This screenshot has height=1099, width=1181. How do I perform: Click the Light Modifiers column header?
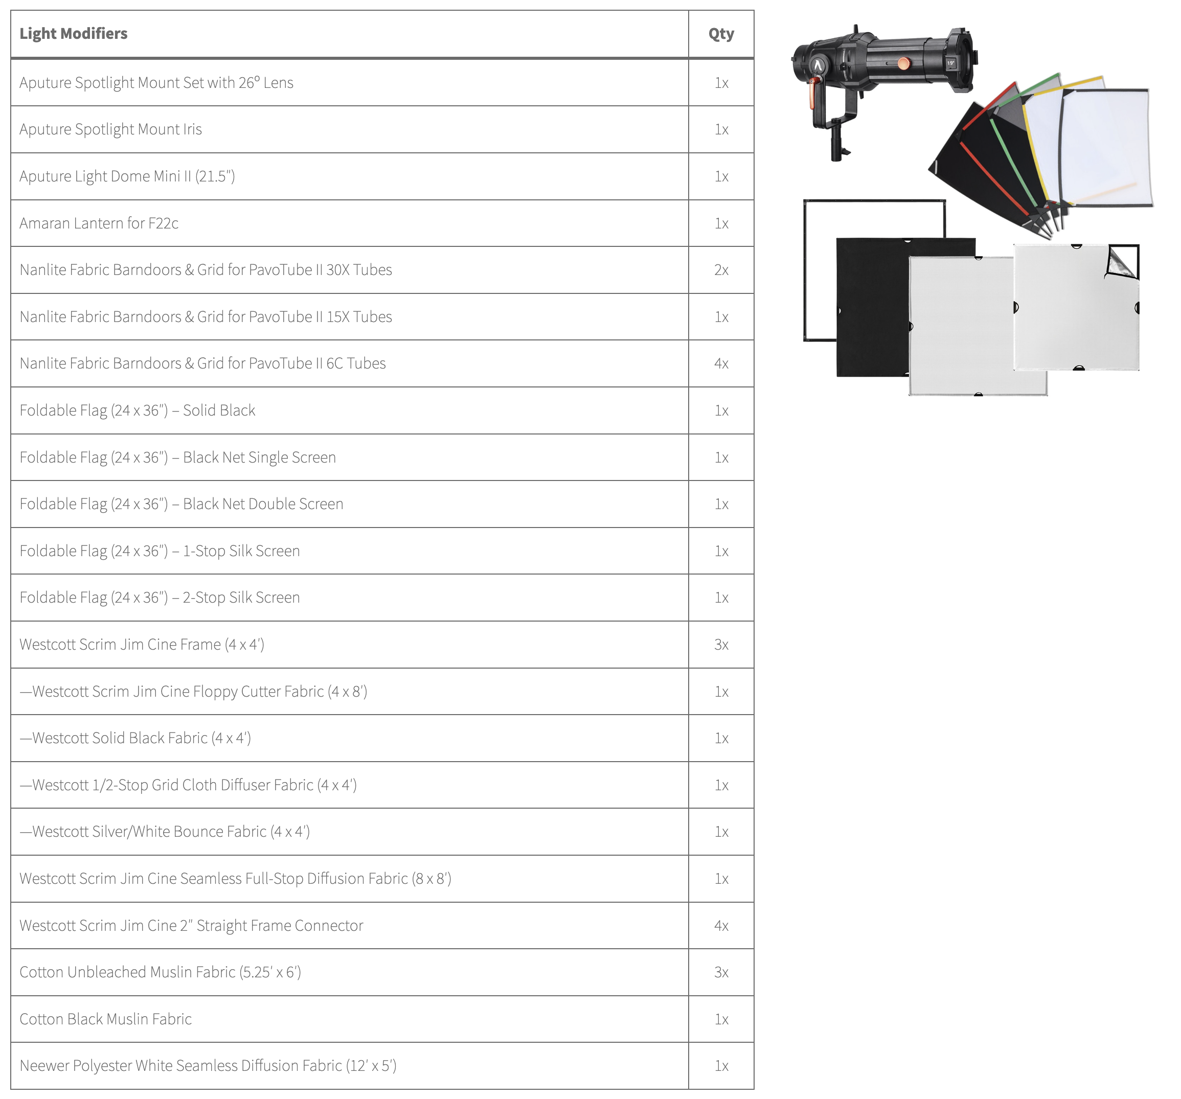73,34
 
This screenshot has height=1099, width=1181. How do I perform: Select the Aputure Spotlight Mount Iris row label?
110,129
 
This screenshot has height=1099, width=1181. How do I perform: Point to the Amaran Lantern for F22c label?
99,223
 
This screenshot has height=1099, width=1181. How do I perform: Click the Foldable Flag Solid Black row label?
137,410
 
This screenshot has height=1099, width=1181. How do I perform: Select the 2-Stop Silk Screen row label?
159,598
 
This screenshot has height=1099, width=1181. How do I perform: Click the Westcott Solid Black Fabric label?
135,739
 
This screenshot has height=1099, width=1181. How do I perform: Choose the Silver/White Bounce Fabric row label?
165,832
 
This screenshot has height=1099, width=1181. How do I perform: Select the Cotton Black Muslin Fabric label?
106,1019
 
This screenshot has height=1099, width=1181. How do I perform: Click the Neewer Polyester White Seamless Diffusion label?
208,1066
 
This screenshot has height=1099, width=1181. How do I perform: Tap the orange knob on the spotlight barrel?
903,63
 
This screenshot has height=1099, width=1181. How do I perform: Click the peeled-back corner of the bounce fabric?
1122,261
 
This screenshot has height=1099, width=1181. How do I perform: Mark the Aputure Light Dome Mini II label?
127,176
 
